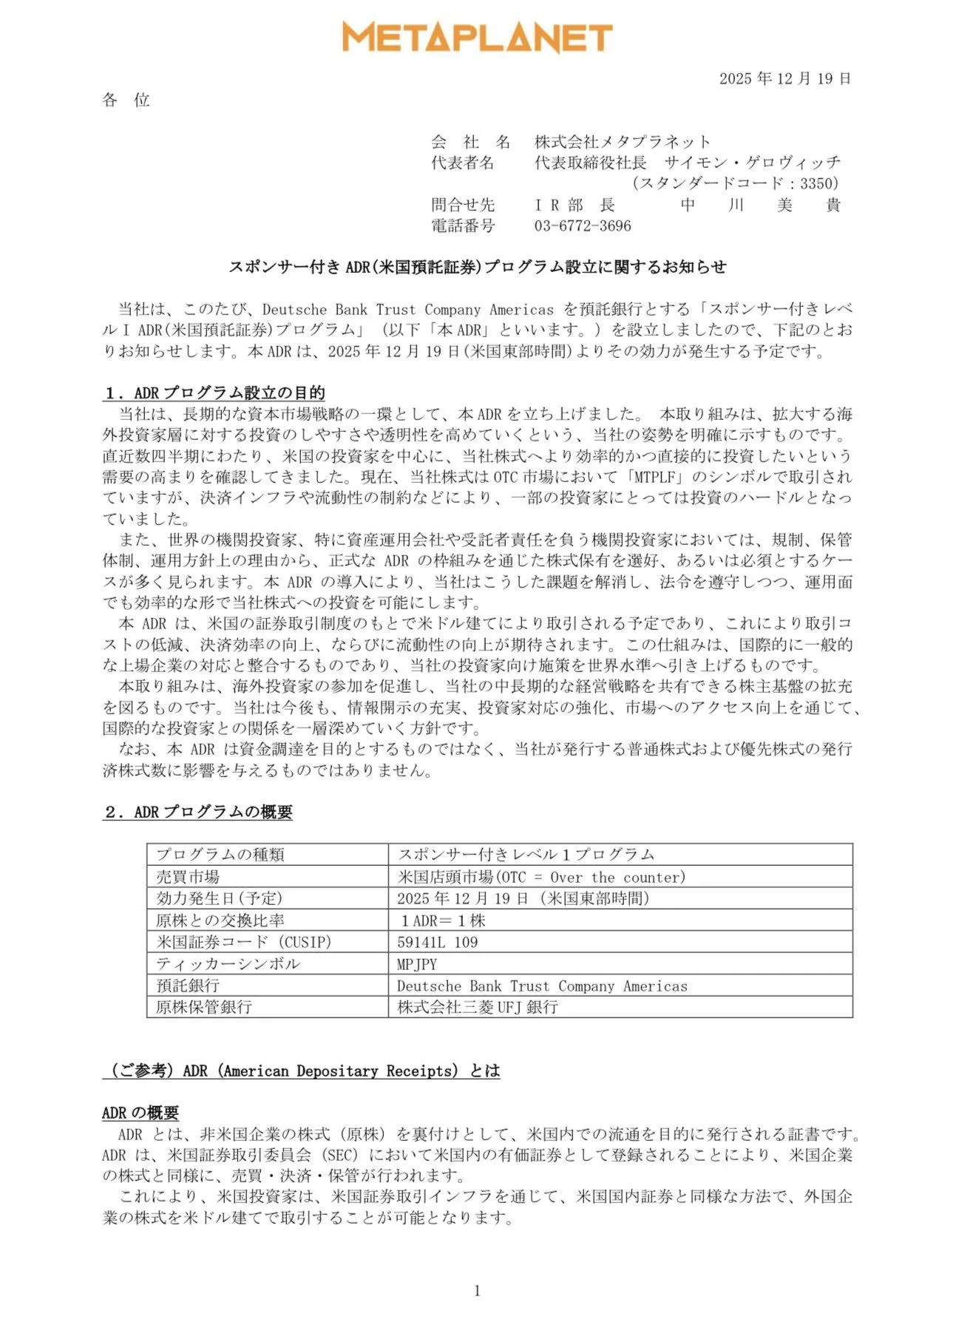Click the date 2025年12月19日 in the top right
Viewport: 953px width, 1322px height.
coord(784,78)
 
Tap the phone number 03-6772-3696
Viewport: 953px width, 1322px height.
coord(583,226)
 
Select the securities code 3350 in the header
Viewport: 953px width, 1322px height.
coord(818,183)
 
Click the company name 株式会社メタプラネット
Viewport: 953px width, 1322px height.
coord(623,141)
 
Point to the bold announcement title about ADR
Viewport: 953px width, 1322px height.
coord(477,267)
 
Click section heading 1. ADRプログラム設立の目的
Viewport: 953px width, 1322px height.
coord(214,393)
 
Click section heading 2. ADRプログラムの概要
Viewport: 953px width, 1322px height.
coord(197,812)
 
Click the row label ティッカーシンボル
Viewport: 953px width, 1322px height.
coord(228,964)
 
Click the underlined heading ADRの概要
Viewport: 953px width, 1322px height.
coord(140,1113)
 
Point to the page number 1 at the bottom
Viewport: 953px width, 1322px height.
coord(477,1290)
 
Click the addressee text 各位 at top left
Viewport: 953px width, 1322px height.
coord(126,100)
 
